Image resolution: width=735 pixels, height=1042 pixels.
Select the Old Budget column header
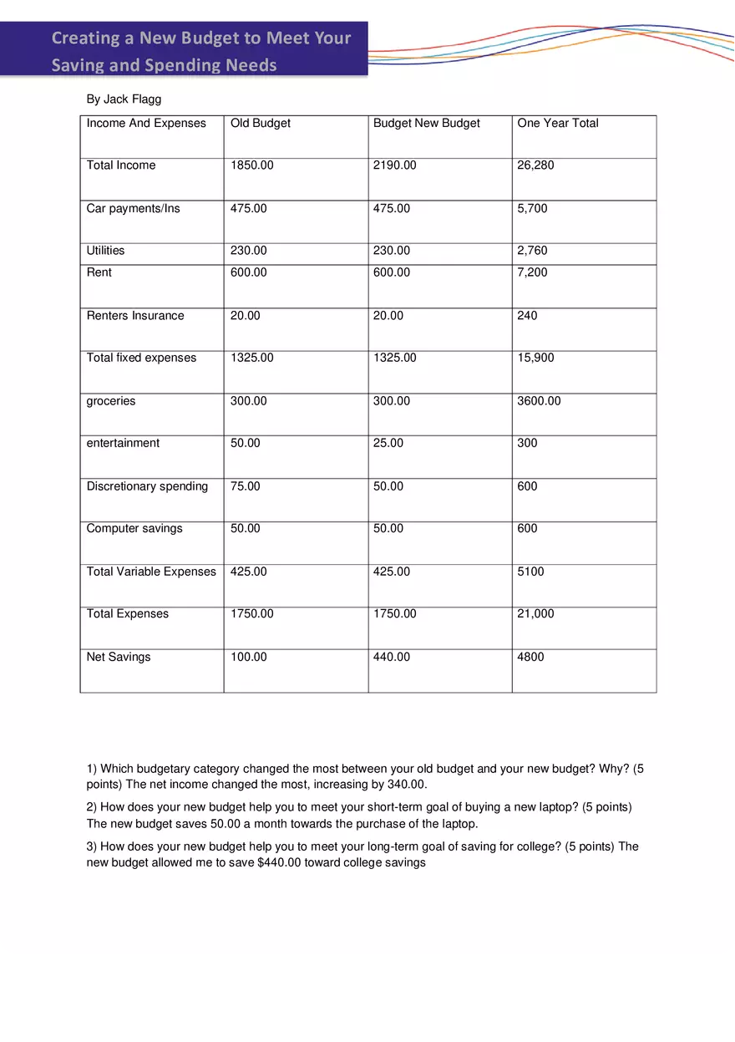tap(260, 124)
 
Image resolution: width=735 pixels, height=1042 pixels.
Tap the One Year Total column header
tap(557, 124)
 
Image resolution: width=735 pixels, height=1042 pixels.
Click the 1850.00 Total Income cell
tap(251, 165)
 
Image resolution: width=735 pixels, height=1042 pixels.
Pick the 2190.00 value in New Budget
tap(394, 165)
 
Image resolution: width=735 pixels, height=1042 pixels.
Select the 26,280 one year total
tap(535, 165)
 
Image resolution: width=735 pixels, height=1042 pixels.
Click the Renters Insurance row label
tap(134, 316)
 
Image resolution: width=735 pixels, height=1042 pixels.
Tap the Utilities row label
tap(105, 251)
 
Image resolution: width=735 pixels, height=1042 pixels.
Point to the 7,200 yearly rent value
tap(532, 272)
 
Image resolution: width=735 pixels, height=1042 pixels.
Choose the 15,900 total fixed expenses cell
tap(535, 358)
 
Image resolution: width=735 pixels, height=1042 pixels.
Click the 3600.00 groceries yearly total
tap(539, 401)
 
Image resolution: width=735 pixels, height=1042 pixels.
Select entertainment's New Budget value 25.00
tap(388, 443)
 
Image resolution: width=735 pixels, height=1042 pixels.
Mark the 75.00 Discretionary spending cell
tap(245, 486)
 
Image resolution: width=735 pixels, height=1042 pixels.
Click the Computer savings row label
tap(134, 528)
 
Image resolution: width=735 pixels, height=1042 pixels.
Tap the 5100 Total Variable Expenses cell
tap(530, 572)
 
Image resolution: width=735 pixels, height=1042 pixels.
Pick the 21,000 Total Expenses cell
tap(535, 613)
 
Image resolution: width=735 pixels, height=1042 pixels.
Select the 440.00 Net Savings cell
tap(391, 657)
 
